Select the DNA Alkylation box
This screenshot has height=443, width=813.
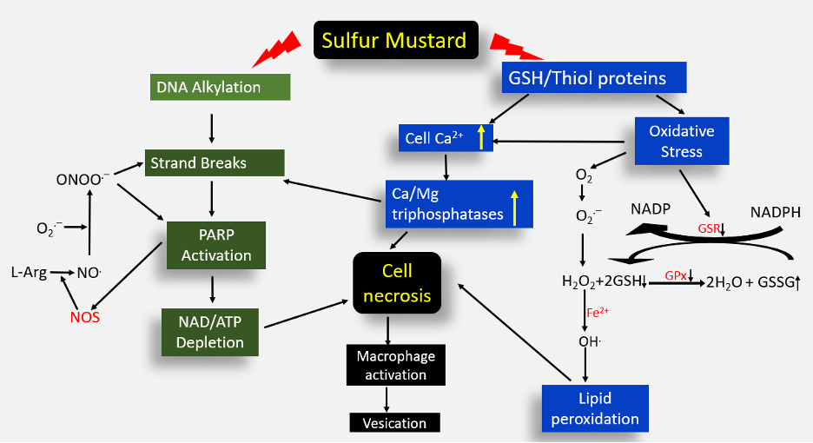coord(218,87)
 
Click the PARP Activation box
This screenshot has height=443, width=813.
coord(216,246)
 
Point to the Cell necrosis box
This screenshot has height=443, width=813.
coord(396,284)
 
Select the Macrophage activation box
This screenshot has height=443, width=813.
coord(396,365)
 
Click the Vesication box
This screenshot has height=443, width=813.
coord(395,423)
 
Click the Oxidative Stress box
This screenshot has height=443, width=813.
coord(681,142)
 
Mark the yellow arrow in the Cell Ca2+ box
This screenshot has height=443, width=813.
coord(479,137)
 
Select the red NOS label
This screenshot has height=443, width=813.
coord(85,317)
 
